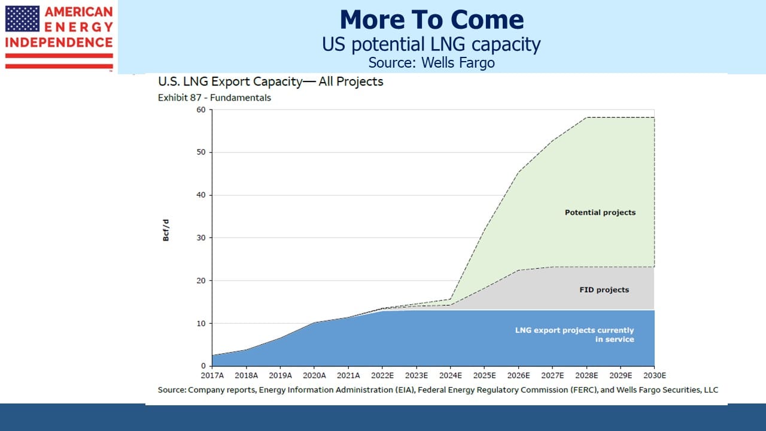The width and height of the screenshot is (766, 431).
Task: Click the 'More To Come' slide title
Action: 431,20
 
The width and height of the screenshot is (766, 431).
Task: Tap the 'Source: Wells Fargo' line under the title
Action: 431,63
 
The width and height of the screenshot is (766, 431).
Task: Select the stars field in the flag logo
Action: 22,19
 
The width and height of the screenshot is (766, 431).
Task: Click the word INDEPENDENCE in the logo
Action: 59,43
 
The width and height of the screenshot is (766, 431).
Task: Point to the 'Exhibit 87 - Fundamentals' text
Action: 214,98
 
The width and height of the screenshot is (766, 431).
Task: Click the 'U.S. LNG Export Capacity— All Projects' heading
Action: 270,81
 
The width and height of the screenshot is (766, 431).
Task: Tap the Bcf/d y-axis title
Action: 166,230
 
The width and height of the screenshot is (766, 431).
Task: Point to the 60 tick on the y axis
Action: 201,110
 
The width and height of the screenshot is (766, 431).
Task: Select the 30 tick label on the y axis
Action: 201,238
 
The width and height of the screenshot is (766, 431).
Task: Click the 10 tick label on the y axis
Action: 201,323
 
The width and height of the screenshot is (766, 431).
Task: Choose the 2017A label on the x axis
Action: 212,375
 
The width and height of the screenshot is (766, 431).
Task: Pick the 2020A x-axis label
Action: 314,375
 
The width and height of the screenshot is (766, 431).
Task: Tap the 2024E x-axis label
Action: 451,375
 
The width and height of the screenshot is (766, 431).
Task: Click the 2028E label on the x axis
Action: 586,375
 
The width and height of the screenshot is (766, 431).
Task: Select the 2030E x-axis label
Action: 655,375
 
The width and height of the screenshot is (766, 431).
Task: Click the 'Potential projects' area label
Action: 600,213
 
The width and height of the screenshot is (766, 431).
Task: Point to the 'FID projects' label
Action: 604,290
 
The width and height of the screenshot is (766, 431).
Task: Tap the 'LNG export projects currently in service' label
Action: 574,335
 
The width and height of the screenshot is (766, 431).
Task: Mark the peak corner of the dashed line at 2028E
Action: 587,118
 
